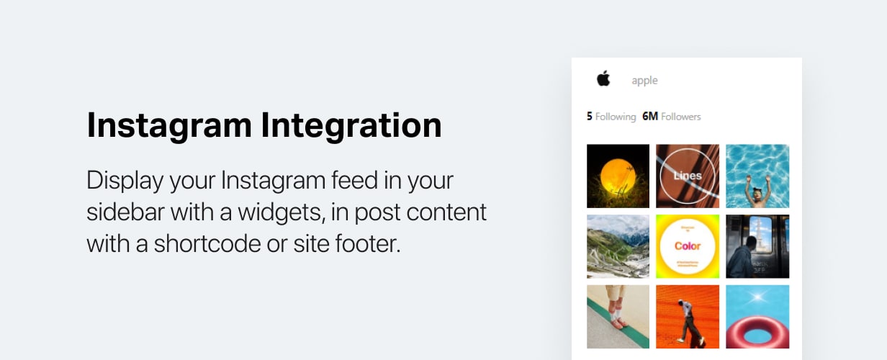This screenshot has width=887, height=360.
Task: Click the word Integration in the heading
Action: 351,126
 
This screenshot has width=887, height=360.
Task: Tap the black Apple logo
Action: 603,79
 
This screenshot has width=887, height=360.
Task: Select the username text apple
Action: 644,81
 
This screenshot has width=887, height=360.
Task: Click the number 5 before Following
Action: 590,117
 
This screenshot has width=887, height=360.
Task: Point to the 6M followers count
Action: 650,117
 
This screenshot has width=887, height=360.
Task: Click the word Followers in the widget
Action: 681,117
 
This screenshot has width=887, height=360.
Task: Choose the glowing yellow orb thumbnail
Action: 618,176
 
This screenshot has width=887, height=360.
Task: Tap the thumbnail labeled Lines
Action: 688,176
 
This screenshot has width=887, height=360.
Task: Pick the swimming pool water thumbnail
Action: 757,176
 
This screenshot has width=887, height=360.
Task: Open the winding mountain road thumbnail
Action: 618,246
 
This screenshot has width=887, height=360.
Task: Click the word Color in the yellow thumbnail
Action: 688,246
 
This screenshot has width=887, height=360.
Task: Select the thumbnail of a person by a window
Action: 757,246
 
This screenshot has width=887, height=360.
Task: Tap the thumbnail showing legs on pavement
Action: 618,317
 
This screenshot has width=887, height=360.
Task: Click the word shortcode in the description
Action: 206,243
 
